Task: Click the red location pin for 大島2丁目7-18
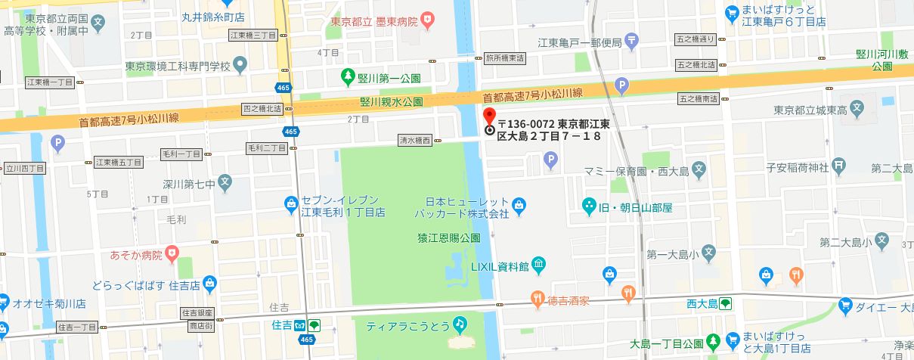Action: click(488, 116)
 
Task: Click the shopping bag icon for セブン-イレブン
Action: click(291, 202)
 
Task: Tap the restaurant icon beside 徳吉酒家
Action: click(537, 299)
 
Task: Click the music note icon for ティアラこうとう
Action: click(459, 324)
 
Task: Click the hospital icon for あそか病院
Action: click(173, 252)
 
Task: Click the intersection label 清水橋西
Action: click(415, 140)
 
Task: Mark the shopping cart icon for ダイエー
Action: click(845, 306)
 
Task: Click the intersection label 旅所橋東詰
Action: click(505, 57)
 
